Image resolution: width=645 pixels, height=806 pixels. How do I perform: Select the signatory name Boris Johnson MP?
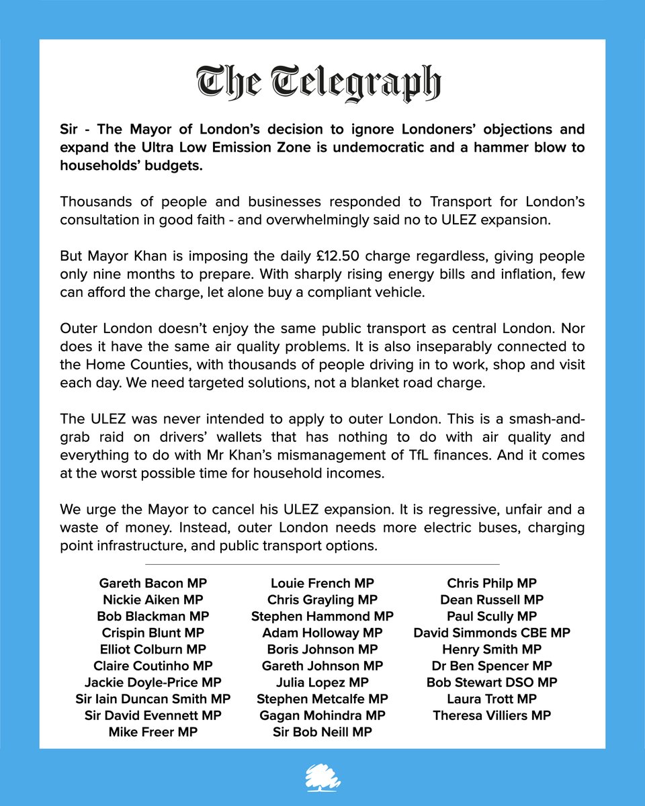pyautogui.click(x=322, y=649)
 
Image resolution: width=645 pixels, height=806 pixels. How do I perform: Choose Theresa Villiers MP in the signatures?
pyautogui.click(x=492, y=715)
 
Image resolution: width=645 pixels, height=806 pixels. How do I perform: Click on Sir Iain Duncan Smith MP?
pyautogui.click(x=153, y=699)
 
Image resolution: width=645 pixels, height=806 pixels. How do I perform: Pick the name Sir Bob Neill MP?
pyautogui.click(x=322, y=731)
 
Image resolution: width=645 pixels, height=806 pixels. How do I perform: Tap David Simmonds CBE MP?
pyautogui.click(x=492, y=633)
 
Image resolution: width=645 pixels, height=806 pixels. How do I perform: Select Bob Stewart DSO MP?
pyautogui.click(x=492, y=682)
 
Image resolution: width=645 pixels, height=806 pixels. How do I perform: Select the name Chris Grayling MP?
pyautogui.click(x=322, y=599)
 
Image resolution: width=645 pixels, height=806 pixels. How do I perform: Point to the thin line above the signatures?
pyautogui.click(x=322, y=564)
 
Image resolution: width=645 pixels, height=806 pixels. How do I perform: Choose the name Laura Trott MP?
pyautogui.click(x=492, y=699)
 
